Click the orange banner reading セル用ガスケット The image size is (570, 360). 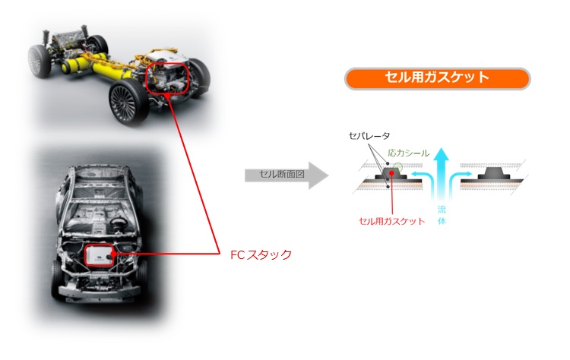pyautogui.click(x=437, y=78)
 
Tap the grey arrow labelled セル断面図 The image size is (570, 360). pyautogui.click(x=287, y=175)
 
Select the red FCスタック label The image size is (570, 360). pyautogui.click(x=261, y=254)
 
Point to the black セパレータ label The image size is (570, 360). pyautogui.click(x=369, y=136)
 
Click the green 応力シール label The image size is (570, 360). pyautogui.click(x=409, y=153)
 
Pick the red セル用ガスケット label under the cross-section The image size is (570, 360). pyautogui.click(x=392, y=221)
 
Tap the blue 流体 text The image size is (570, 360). pyautogui.click(x=442, y=215)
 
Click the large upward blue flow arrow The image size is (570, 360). pyautogui.click(x=442, y=174)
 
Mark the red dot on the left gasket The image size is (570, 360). pyautogui.click(x=392, y=173)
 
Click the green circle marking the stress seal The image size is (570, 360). pyautogui.click(x=398, y=167)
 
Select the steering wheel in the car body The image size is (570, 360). pyautogui.click(x=117, y=221)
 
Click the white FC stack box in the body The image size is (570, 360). pyautogui.click(x=99, y=254)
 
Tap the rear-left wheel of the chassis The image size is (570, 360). pyautogui.click(x=40, y=61)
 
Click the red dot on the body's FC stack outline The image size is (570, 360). pyautogui.click(x=113, y=254)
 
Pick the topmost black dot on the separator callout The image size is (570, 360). pyautogui.click(x=388, y=164)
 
